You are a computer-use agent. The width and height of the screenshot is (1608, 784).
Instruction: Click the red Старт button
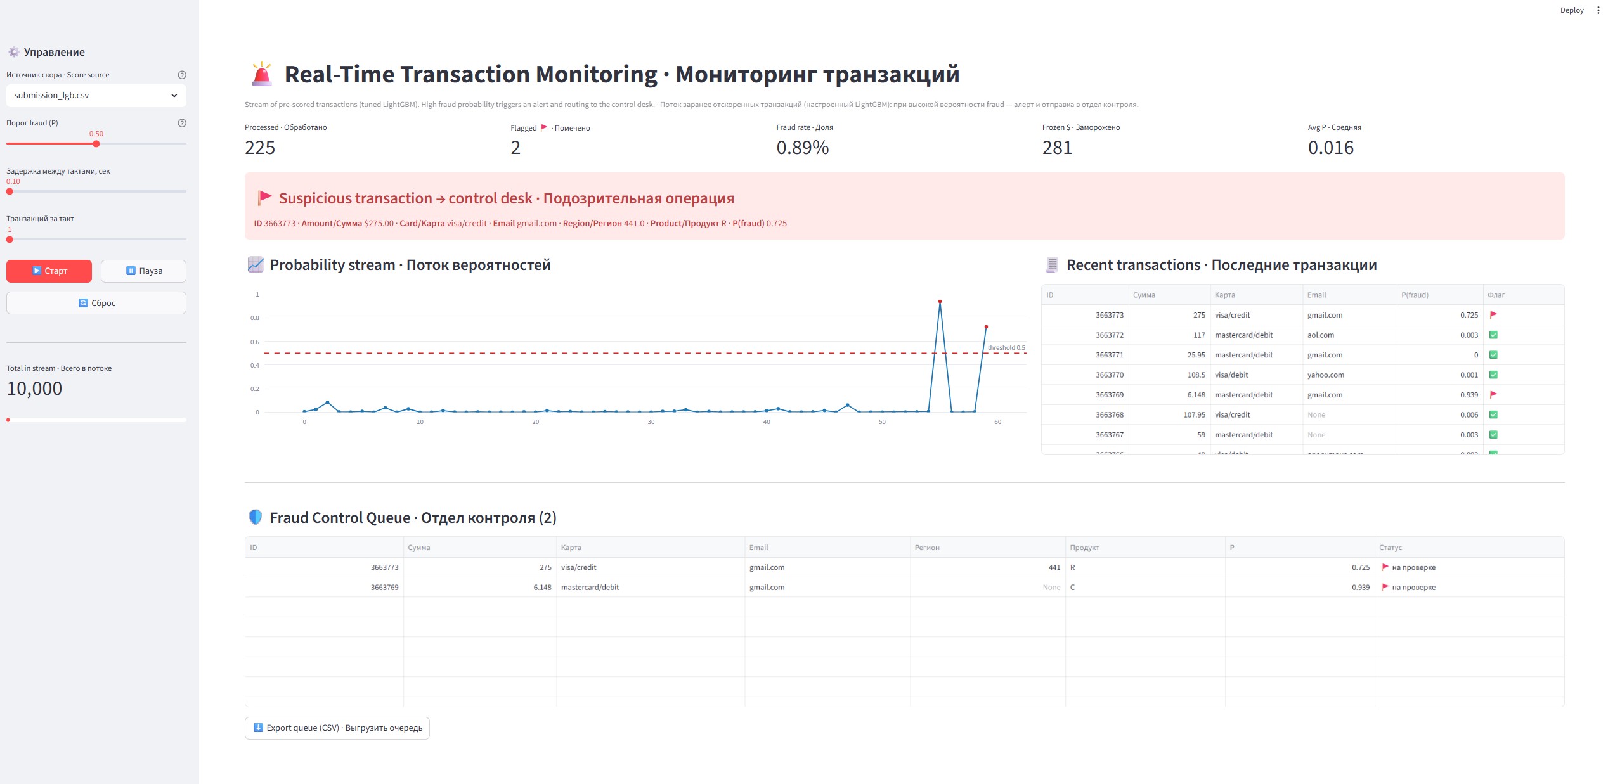tap(49, 271)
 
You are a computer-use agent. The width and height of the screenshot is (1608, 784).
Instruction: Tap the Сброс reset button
tap(96, 303)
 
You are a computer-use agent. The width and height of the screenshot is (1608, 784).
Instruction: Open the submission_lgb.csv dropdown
tap(96, 95)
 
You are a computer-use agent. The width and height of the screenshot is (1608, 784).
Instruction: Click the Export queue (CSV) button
tap(337, 728)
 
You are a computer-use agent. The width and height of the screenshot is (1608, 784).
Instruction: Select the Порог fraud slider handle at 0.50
tap(96, 144)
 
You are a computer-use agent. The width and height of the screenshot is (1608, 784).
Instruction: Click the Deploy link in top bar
tap(1572, 10)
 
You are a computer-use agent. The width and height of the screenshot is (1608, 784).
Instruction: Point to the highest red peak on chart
tap(940, 302)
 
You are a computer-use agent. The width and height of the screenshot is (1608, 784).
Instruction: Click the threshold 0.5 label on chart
tap(1006, 347)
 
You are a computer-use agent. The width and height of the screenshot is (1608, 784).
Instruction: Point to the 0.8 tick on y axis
tap(255, 318)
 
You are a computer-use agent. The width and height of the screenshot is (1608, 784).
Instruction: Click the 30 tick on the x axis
tap(651, 422)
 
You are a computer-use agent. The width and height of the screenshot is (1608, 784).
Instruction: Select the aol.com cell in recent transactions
tap(1321, 335)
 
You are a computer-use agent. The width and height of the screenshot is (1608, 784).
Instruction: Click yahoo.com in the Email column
tap(1326, 375)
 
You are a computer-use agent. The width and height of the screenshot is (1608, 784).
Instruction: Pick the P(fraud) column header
tap(1415, 295)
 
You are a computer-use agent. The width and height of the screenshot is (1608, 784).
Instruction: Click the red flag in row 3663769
tap(1493, 394)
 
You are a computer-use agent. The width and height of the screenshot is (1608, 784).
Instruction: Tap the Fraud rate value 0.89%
tap(803, 148)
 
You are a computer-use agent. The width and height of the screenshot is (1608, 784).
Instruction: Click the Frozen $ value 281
tap(1057, 148)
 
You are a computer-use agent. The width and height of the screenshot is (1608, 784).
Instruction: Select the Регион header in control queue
tap(927, 548)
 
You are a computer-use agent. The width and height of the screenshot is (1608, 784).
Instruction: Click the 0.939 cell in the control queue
tap(1361, 588)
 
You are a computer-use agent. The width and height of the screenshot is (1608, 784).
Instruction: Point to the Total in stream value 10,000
tap(34, 389)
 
